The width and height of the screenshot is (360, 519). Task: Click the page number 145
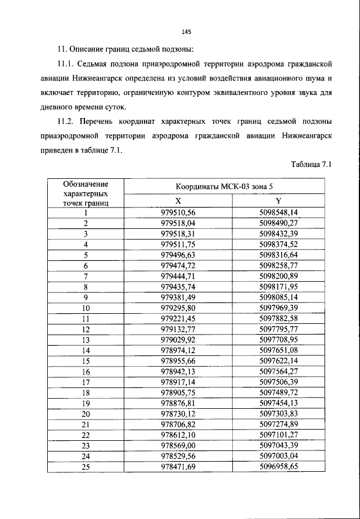click(180, 31)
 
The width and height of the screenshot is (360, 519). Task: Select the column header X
click(178, 201)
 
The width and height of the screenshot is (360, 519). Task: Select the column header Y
click(278, 201)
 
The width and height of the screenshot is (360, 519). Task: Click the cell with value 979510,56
click(178, 213)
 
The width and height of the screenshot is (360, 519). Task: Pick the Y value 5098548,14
click(278, 213)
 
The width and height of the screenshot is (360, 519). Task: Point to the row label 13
click(86, 340)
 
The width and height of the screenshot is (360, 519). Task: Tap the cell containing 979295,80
click(178, 308)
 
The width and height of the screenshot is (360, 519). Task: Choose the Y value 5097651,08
click(278, 351)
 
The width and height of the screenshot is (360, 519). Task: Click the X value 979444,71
click(178, 276)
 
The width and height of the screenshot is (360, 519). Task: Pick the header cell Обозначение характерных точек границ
click(86, 193)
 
